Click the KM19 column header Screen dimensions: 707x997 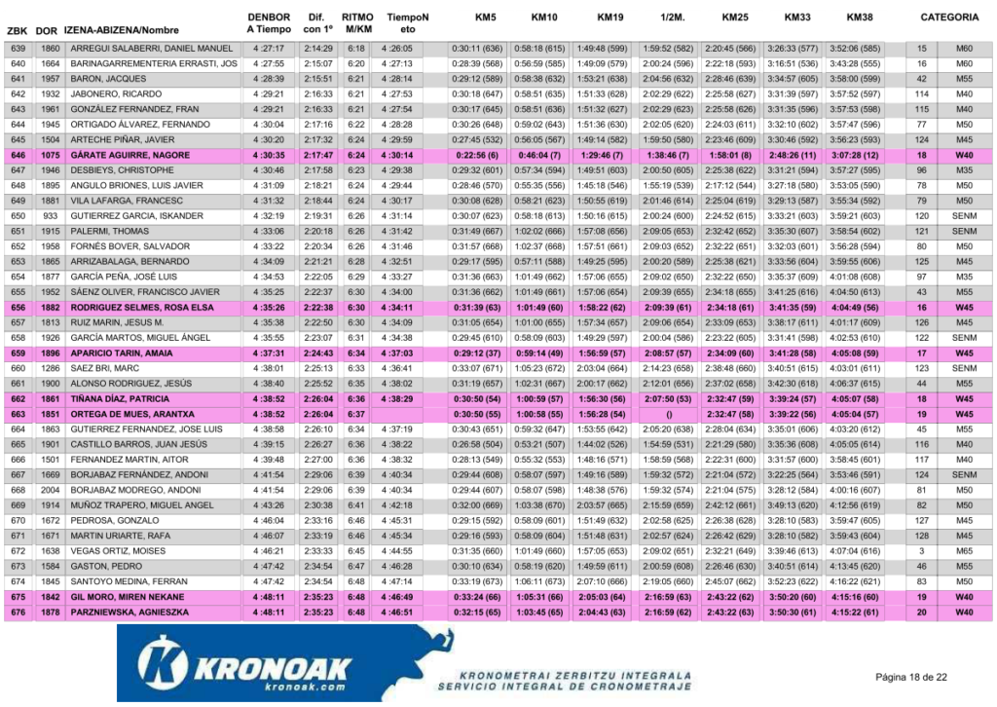tap(609, 18)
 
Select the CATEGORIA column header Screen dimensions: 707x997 tap(949, 18)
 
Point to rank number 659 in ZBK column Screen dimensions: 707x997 tap(18, 353)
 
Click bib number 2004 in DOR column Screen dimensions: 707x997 tap(51, 490)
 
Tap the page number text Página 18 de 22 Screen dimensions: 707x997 tap(911, 677)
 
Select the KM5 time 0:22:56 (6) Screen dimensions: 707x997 tap(477, 155)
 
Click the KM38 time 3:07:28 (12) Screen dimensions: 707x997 tap(856, 155)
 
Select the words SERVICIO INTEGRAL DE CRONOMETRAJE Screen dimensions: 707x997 tap(564, 687)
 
